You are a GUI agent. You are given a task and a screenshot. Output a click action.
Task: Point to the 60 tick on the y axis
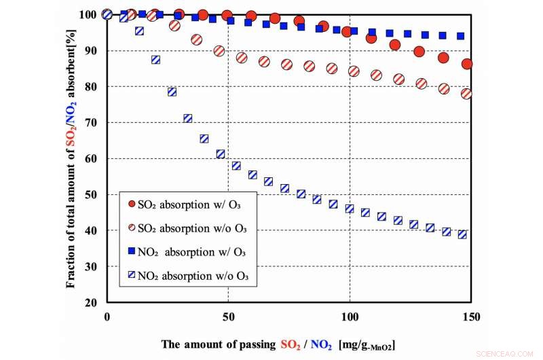[91, 158]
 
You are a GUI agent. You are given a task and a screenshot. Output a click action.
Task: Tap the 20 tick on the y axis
[91, 302]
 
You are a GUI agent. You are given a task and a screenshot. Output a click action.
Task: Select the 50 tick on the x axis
[228, 317]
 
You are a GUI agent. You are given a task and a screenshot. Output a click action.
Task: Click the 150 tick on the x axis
[471, 317]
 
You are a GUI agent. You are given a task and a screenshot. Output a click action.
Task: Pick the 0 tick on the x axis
[107, 317]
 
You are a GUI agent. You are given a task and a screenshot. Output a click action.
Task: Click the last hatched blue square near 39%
[462, 234]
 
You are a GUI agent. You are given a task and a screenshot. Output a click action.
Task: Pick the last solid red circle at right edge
[467, 64]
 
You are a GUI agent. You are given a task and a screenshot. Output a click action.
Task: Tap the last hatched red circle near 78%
[466, 94]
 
